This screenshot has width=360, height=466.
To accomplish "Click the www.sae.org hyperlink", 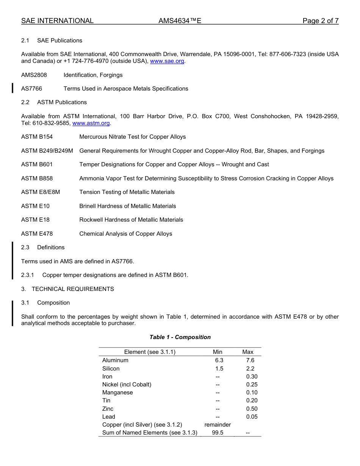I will tap(167, 61).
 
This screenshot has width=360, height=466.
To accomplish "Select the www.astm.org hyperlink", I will tap(91, 123).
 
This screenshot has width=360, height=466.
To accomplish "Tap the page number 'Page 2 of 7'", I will tap(320, 21).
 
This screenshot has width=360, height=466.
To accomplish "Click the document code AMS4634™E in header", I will tap(180, 21).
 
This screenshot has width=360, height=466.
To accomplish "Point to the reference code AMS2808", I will tap(34, 75).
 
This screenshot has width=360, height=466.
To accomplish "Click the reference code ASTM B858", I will tap(37, 178).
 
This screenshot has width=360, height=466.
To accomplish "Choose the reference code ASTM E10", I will tap(35, 206).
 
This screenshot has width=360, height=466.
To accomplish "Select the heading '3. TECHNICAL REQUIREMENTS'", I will tap(67, 289).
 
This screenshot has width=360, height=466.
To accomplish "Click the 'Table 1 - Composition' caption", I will tap(180, 337).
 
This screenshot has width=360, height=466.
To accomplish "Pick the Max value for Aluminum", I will tap(250, 360).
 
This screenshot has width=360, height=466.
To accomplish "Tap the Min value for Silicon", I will tap(219, 369).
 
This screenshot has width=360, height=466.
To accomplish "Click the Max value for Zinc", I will tap(252, 409).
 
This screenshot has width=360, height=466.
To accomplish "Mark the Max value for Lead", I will tap(252, 417).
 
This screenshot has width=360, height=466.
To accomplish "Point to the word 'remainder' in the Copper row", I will tap(218, 425).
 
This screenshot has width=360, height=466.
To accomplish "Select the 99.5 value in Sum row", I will tap(218, 433).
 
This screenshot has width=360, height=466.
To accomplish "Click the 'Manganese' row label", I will tap(117, 393).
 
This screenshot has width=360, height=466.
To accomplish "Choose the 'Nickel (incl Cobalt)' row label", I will tap(127, 385).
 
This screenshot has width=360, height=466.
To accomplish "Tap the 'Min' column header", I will tap(218, 352).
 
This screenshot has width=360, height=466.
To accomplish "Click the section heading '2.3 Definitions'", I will tap(43, 247).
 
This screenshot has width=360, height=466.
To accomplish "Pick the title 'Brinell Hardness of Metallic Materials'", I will tap(128, 206).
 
